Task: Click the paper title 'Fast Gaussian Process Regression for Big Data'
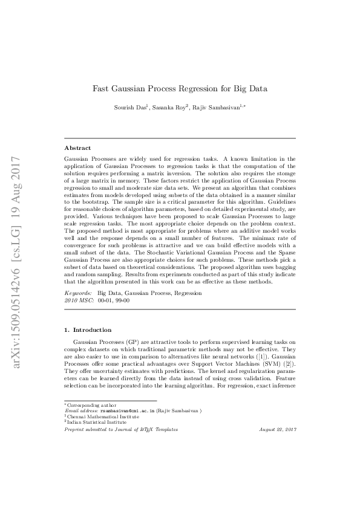pos(180,89)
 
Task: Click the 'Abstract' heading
pos(77,148)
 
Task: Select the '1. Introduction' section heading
pos(88,330)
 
